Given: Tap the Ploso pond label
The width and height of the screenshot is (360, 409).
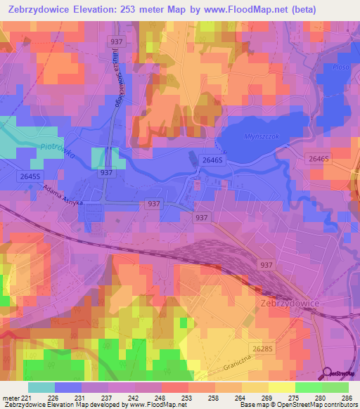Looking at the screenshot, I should pyautogui.click(x=342, y=67).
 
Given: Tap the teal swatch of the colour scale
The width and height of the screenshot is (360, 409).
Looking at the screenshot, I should pyautogui.click(x=41, y=387).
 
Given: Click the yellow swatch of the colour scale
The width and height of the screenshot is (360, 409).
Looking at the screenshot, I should pyautogui.click(x=281, y=387).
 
